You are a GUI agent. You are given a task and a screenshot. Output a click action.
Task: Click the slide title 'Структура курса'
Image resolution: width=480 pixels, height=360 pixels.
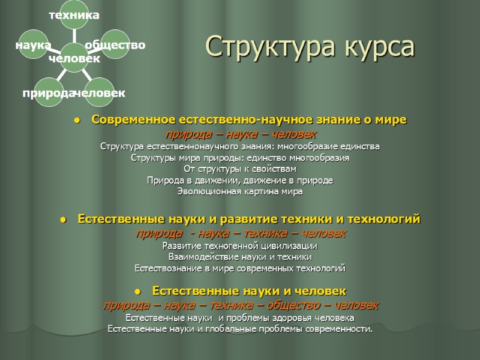(310, 47)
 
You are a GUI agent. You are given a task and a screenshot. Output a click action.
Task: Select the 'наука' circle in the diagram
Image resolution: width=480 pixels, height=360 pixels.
(35, 46)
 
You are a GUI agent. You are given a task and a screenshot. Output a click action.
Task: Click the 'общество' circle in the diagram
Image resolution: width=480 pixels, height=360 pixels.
(113, 46)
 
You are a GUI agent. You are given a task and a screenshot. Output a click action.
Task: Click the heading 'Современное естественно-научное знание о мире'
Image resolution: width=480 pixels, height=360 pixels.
(248, 120)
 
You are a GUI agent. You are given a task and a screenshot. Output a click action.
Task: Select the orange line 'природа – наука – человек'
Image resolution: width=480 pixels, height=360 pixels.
(240, 133)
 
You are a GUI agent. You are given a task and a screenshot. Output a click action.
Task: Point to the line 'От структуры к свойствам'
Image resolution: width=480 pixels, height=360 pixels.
(240, 169)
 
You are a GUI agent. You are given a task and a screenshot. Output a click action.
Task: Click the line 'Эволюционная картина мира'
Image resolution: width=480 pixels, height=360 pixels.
(240, 192)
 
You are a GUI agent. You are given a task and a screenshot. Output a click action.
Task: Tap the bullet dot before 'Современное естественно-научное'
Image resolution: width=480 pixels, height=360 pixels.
(77, 121)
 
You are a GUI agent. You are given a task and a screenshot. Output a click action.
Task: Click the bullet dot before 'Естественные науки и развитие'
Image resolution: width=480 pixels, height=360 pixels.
(62, 220)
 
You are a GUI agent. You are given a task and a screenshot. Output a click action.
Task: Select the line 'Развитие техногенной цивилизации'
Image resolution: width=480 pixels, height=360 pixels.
(240, 246)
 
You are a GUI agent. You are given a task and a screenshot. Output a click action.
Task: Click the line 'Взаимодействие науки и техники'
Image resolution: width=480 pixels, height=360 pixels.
(240, 257)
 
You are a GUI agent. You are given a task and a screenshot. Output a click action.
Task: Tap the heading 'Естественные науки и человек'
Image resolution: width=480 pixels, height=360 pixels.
(249, 291)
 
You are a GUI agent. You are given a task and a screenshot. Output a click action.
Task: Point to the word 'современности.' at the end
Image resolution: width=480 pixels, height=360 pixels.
(340, 329)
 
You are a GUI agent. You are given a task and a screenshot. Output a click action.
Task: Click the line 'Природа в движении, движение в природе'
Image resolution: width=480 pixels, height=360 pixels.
(240, 181)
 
